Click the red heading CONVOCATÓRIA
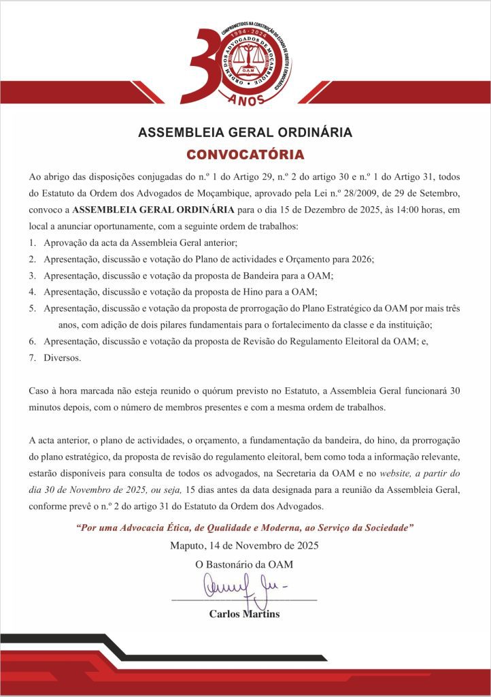(245, 153)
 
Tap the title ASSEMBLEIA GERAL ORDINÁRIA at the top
(245, 132)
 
